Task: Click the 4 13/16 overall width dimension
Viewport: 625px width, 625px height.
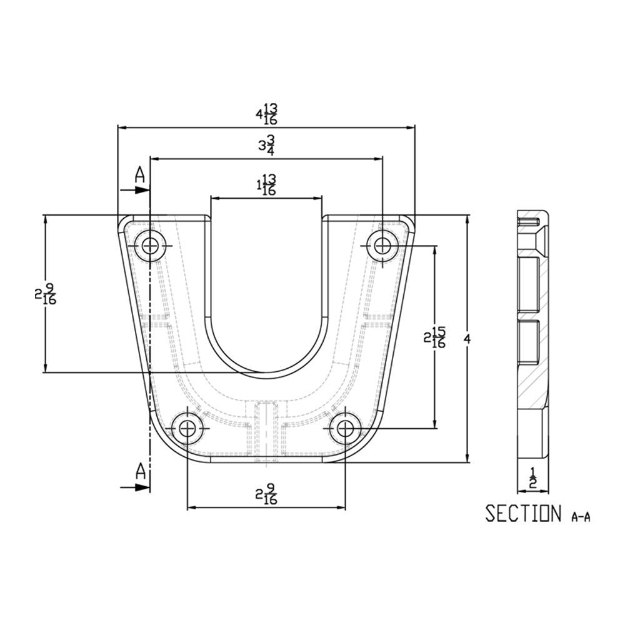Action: click(x=267, y=114)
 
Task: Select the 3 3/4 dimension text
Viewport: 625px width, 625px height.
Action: click(x=267, y=145)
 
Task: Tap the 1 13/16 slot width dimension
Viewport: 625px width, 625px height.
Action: click(x=266, y=185)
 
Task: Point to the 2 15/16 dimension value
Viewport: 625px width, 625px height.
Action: click(x=434, y=337)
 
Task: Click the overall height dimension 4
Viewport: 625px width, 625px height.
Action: click(x=467, y=339)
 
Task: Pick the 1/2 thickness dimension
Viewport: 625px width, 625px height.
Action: click(x=533, y=478)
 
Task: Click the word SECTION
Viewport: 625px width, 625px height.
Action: click(x=523, y=513)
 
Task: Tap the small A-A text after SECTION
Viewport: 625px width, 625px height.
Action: click(x=581, y=517)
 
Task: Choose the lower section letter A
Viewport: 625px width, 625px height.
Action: click(x=140, y=471)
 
